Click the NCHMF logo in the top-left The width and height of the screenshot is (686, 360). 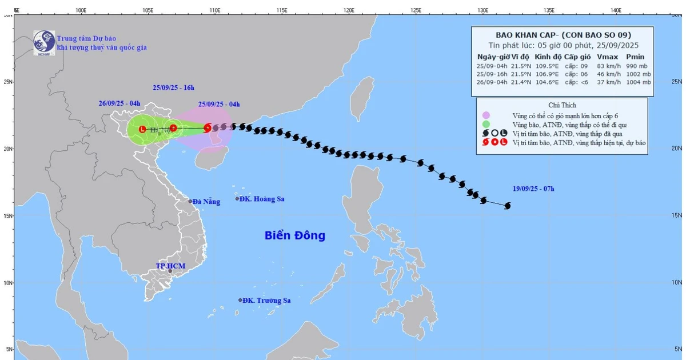click(x=43, y=41)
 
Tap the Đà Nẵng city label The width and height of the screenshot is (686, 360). click(x=206, y=201)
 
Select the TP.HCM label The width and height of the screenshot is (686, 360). click(x=171, y=266)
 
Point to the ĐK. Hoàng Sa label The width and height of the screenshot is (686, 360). click(x=262, y=199)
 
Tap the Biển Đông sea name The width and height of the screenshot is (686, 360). click(x=294, y=235)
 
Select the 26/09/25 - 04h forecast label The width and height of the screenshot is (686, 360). click(x=119, y=103)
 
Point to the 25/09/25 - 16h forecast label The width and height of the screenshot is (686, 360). click(x=173, y=87)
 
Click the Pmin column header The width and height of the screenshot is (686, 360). click(x=635, y=57)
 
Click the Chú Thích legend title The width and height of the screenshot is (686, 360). click(x=562, y=105)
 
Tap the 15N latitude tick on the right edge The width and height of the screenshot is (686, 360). click(x=677, y=215)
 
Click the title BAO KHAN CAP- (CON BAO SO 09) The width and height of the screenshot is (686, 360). click(x=563, y=34)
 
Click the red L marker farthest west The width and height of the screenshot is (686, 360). click(x=142, y=129)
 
